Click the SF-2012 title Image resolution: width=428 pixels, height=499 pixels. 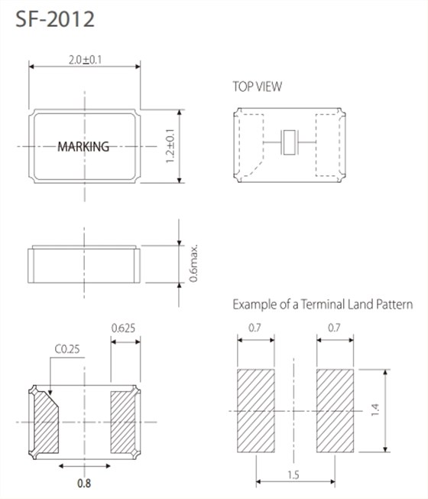55,19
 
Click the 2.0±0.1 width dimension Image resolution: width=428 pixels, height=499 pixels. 85,60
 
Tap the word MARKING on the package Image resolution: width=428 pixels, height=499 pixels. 83,146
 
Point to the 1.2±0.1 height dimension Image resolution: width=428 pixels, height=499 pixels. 170,146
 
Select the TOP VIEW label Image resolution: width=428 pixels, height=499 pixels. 257,86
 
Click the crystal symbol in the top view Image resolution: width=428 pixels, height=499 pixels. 289,142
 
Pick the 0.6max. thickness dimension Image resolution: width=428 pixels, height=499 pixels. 193,263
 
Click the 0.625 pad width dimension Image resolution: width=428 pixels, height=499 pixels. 123,328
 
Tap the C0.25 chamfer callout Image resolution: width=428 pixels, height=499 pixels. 67,349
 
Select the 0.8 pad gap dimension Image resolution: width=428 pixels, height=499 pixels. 84,484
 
